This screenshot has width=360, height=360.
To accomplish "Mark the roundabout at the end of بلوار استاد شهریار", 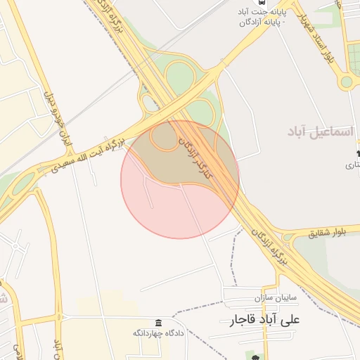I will point(346,82).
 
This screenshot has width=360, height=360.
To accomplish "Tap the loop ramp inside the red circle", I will point(165,136).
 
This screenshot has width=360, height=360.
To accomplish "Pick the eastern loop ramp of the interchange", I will point(205,111).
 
